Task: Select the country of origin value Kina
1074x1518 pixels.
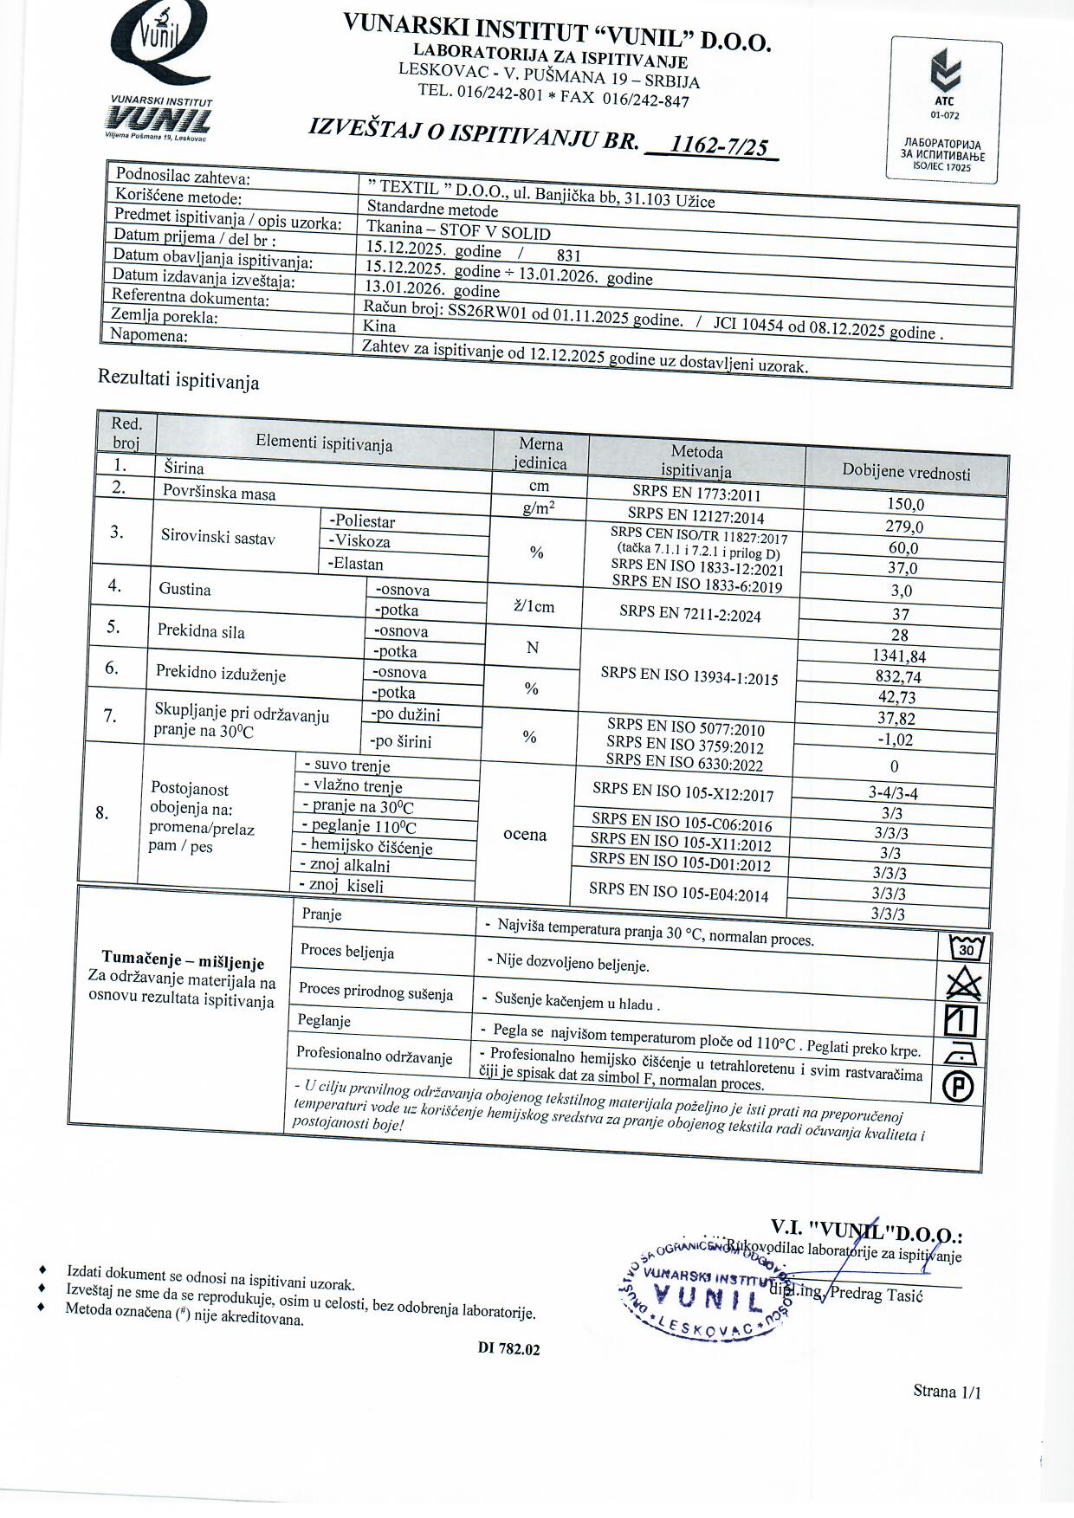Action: pos(380,326)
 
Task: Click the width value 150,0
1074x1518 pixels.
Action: pos(905,504)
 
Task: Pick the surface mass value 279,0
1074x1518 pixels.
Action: pos(904,526)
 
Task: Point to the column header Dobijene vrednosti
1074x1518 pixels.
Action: pos(906,472)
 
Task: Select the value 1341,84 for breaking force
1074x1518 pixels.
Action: pos(900,656)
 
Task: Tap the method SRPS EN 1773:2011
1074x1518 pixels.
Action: pos(696,494)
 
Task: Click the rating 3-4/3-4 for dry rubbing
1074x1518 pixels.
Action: pos(893,792)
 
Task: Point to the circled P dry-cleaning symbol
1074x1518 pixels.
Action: pos(958,1087)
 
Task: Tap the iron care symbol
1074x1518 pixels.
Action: pos(961,1053)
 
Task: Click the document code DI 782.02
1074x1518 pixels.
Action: pos(508,1349)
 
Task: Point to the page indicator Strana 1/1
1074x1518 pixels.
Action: pos(947,1392)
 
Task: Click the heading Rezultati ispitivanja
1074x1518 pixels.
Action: pos(178,379)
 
